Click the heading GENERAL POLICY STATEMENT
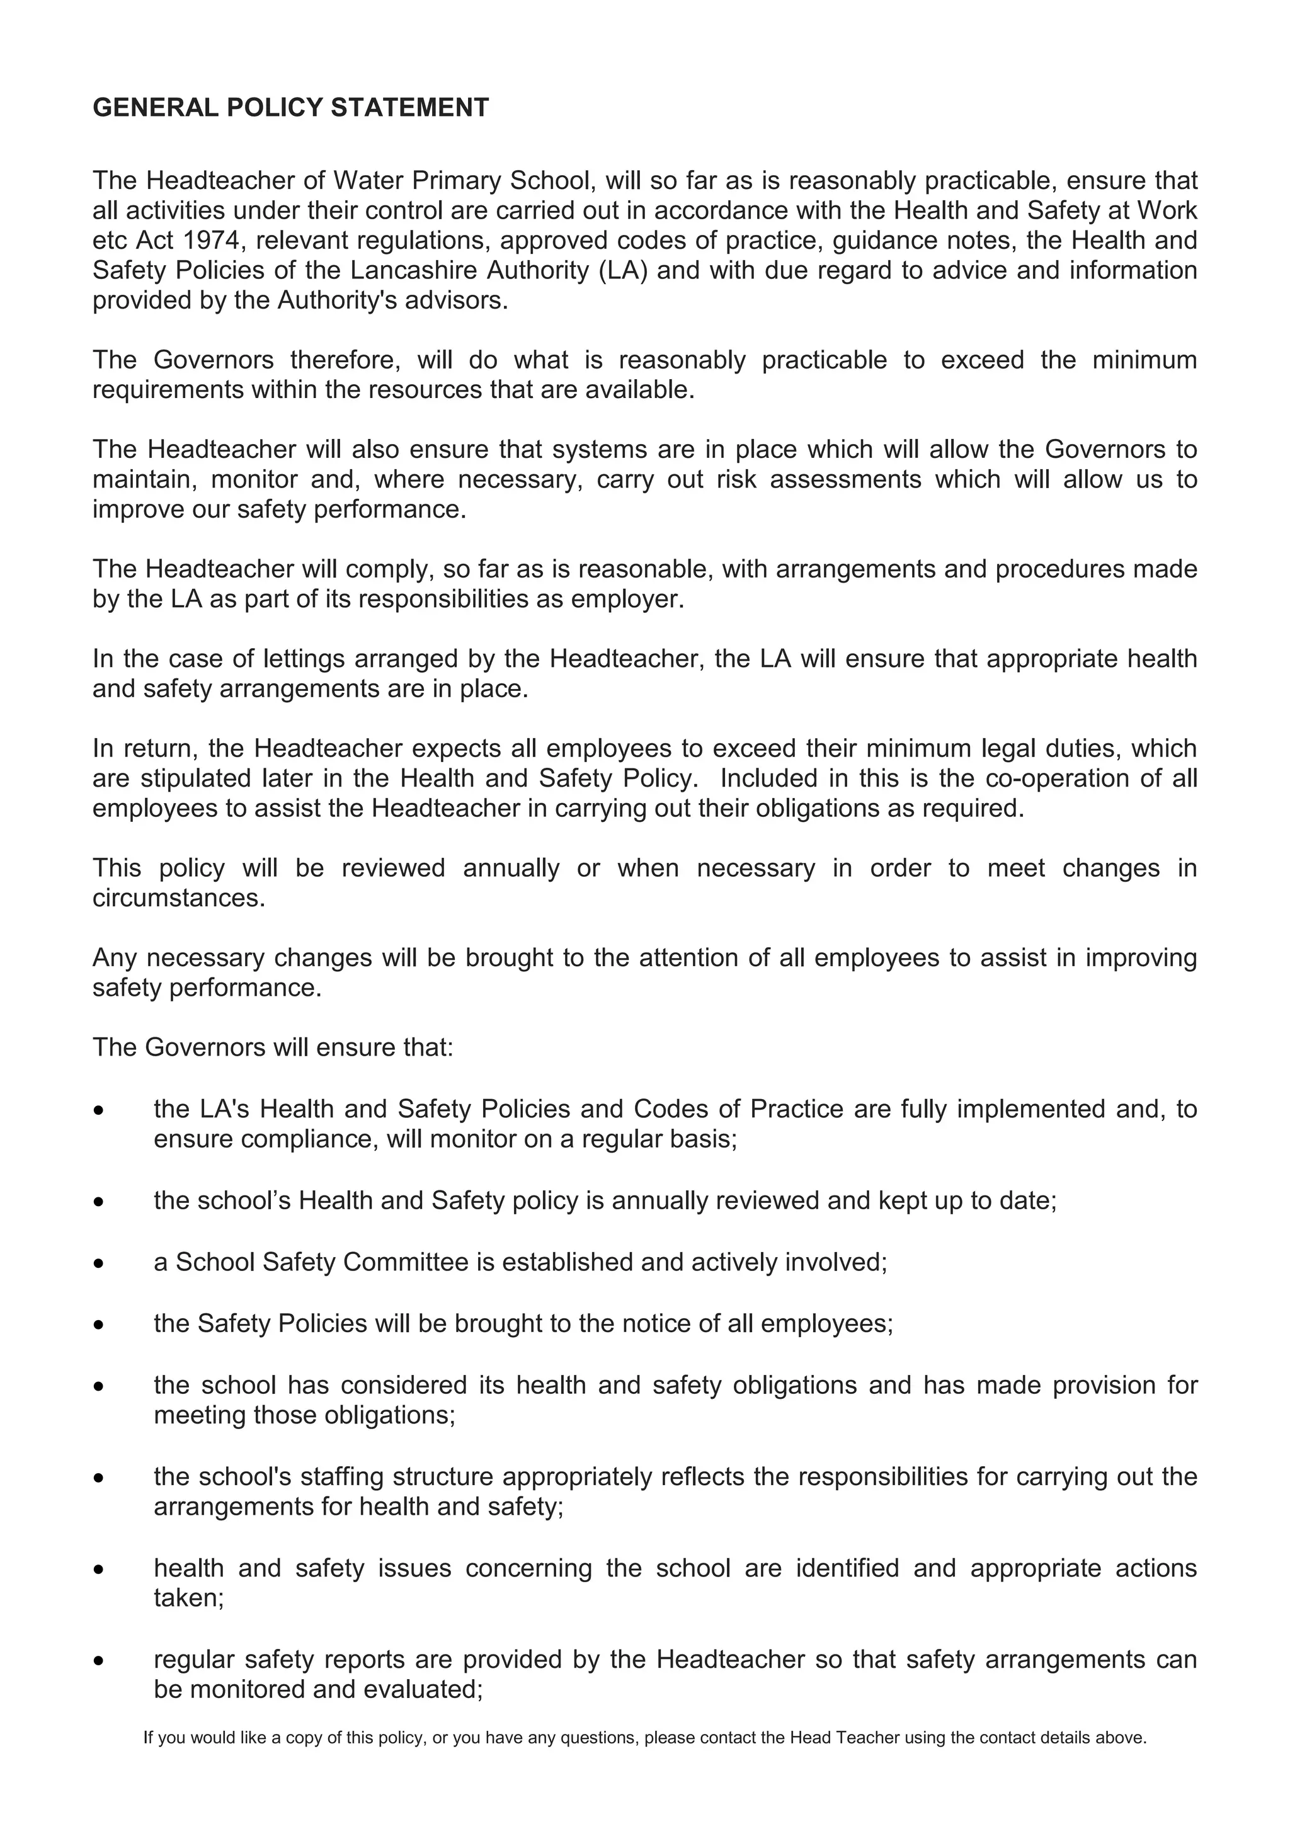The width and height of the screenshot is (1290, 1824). click(291, 107)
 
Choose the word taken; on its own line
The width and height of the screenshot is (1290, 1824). click(189, 1599)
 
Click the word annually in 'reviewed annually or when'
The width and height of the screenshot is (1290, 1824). click(511, 869)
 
